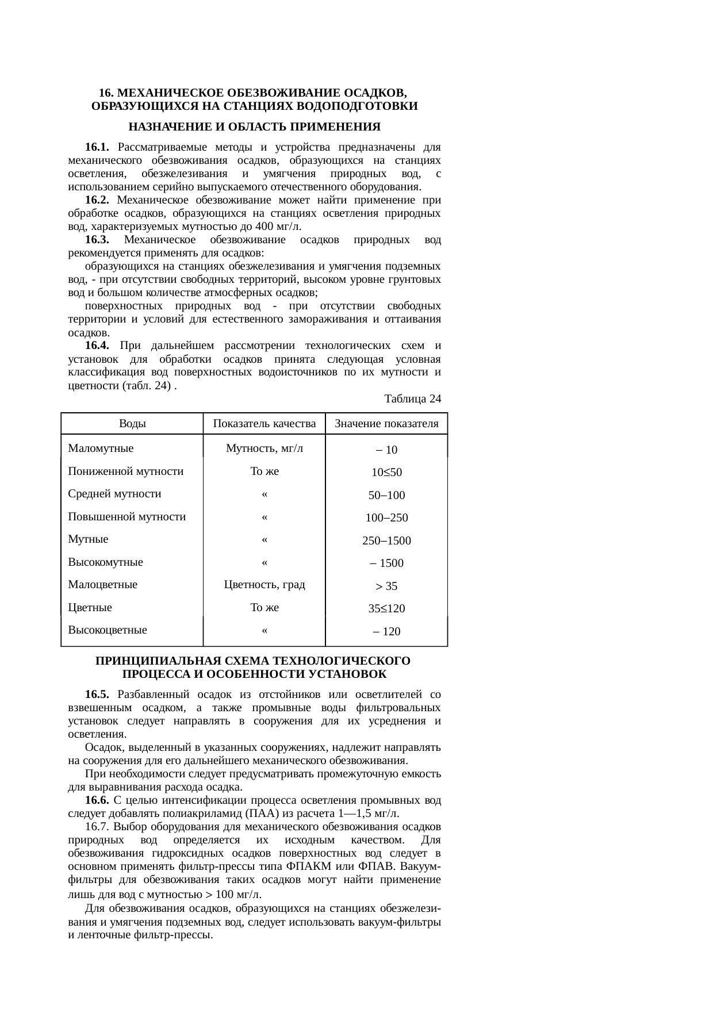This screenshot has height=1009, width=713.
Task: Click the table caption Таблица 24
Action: coord(412,398)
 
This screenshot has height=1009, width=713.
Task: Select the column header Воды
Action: coord(132,424)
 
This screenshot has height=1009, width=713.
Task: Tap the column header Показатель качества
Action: coord(264,424)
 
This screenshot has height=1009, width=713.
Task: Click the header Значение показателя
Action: coord(386,424)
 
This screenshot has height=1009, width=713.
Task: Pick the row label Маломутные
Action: coord(101,448)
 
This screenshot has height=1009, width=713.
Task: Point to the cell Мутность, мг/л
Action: coord(264,448)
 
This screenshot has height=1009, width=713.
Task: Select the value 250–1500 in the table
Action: coord(386,540)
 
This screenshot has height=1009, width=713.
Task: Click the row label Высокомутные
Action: coord(105,562)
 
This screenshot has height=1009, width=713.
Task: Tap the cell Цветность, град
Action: coord(264,585)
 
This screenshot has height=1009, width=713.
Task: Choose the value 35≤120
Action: coord(386,608)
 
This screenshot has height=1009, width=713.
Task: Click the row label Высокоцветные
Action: coord(108,630)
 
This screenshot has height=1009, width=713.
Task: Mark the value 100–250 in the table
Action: coord(386,517)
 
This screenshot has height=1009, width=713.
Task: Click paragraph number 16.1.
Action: coord(97,147)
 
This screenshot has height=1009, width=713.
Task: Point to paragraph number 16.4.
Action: coord(97,346)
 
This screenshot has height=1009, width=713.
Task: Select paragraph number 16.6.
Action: coord(97,800)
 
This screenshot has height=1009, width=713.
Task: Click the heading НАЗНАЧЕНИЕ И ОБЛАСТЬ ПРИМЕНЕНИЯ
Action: coord(254,126)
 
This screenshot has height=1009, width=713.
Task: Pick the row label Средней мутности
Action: coord(114,493)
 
